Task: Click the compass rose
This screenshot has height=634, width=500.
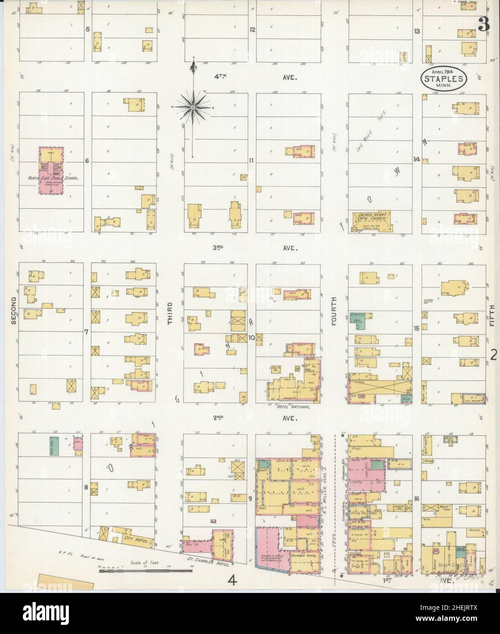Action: pyautogui.click(x=193, y=107)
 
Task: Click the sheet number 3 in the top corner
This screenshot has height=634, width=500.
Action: pyautogui.click(x=484, y=26)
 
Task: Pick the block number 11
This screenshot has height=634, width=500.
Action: pyautogui.click(x=251, y=160)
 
